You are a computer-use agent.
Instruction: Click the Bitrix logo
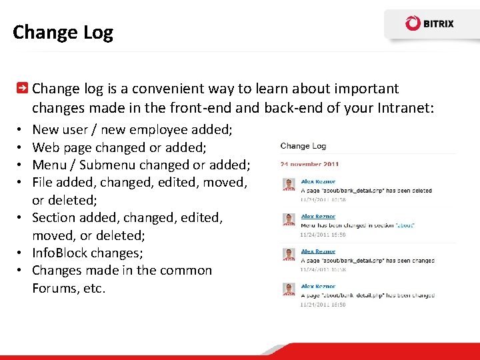429,24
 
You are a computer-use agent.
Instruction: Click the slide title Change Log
63,32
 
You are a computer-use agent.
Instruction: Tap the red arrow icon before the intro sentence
22,89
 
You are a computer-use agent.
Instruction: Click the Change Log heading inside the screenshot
303,146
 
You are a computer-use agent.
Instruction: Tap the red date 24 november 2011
309,164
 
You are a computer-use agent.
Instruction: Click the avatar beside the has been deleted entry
289,185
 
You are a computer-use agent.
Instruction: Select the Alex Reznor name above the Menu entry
318,217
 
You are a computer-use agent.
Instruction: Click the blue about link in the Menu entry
405,225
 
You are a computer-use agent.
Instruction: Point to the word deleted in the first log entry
421,190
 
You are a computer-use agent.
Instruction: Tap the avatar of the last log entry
289,289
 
